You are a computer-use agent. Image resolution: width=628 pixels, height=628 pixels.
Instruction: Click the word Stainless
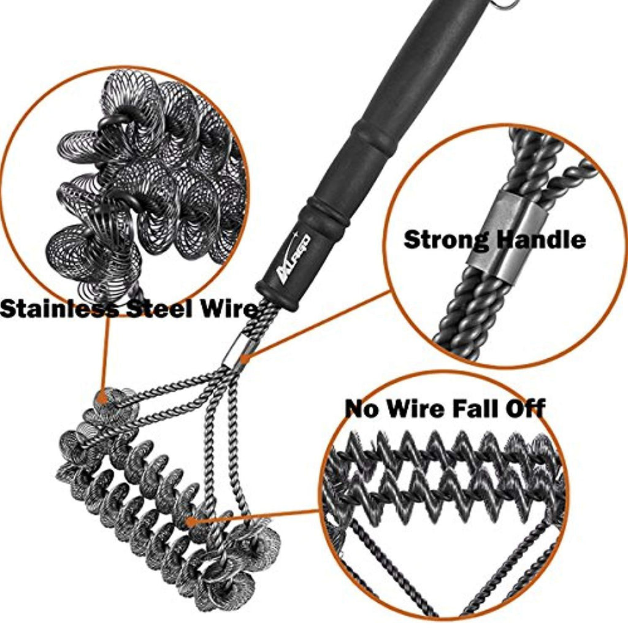pyautogui.click(x=59, y=309)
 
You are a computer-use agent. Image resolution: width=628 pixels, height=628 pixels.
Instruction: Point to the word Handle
pyautogui.click(x=541, y=240)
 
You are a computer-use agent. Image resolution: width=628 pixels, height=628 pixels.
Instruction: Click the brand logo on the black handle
pyautogui.click(x=293, y=259)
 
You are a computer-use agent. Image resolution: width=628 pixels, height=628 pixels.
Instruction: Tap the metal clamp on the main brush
pyautogui.click(x=235, y=350)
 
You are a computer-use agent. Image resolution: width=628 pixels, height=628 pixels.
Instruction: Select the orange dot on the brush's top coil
pyautogui.click(x=103, y=398)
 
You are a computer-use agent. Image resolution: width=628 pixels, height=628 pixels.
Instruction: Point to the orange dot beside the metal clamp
pyautogui.click(x=245, y=358)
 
